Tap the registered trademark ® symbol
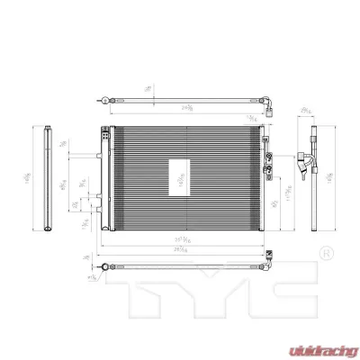pos(327,252)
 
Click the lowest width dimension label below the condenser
pos(184,248)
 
